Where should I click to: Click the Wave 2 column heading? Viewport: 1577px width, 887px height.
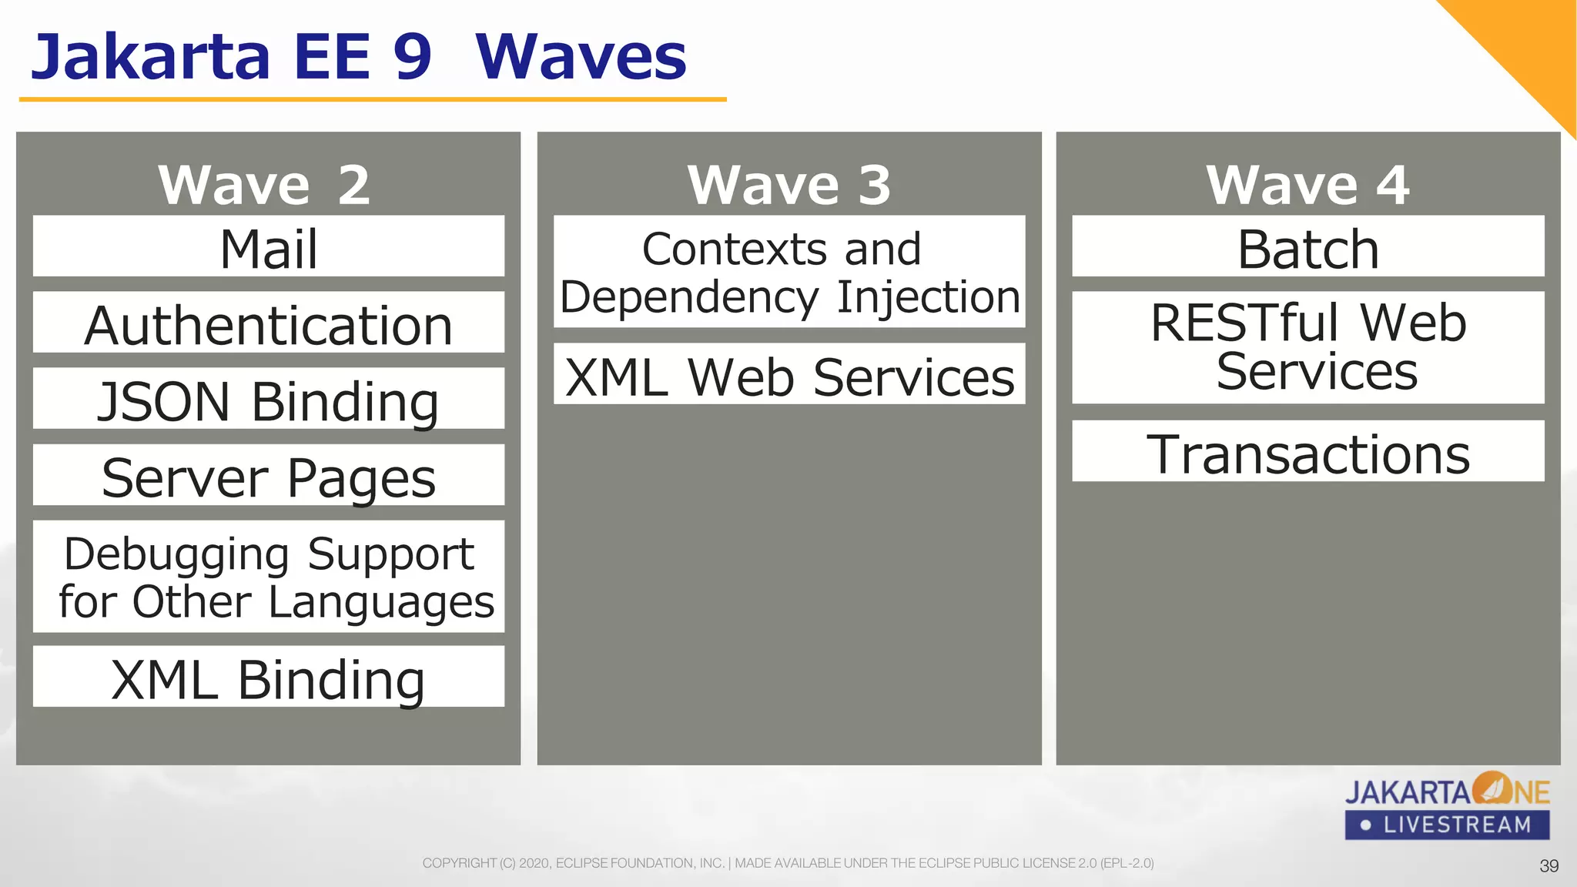tap(264, 185)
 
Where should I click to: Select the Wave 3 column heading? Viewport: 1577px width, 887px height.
tap(789, 185)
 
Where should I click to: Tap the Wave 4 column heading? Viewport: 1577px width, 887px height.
tap(1307, 185)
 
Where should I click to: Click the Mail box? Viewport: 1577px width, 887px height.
tap(268, 246)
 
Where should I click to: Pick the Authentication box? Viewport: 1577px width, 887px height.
tap(268, 323)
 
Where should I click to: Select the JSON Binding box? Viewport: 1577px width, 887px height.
tap(268, 399)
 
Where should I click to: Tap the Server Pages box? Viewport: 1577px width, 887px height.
tap(268, 475)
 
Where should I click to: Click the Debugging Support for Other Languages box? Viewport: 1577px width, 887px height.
tap(268, 577)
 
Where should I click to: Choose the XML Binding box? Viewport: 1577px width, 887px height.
tap(268, 677)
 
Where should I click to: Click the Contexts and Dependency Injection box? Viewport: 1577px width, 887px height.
tap(789, 272)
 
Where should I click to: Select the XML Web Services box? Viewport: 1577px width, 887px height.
tap(789, 374)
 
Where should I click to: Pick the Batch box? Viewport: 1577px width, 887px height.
tap(1307, 246)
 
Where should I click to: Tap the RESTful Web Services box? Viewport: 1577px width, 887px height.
tap(1307, 347)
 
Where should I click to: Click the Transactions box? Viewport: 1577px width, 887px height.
tap(1307, 452)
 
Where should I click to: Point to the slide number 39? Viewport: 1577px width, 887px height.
tap(1549, 866)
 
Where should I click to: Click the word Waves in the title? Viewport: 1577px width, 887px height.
tap(581, 58)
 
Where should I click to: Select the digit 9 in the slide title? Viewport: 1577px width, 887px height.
tap(412, 58)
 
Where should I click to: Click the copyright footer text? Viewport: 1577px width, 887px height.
tap(788, 863)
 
